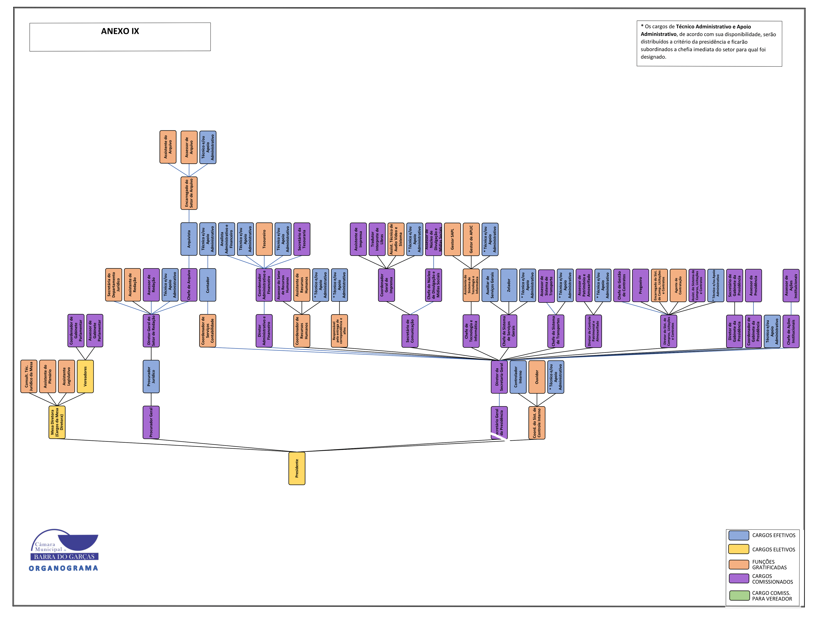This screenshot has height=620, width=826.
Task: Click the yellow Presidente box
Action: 297,468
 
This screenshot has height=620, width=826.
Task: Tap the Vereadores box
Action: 85,376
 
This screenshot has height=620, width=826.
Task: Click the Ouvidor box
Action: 537,377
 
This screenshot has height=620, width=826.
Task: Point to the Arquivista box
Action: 189,239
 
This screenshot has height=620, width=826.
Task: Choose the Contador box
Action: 208,285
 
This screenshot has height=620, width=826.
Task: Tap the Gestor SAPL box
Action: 452,239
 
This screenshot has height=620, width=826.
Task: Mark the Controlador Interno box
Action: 518,377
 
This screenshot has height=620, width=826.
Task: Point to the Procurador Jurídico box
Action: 151,376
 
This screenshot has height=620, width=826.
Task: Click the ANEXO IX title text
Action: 120,31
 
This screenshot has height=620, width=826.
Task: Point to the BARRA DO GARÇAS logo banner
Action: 64,556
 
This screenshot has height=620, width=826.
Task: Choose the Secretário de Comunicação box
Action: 410,331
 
